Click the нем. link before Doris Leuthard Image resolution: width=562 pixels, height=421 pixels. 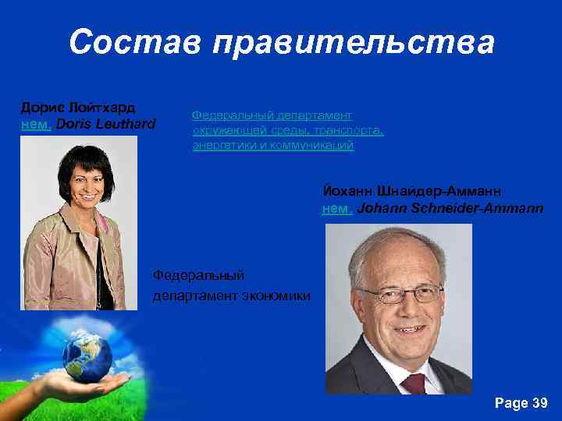click(36, 123)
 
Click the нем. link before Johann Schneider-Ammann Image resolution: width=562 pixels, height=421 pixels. click(338, 208)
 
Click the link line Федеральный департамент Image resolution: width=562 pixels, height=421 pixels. click(272, 115)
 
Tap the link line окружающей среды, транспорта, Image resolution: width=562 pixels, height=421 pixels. click(288, 129)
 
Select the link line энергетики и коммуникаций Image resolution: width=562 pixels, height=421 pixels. click(273, 145)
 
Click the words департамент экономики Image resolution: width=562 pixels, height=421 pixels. click(232, 295)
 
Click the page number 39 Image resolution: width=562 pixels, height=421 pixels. click(539, 403)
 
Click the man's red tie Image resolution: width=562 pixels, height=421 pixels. click(413, 383)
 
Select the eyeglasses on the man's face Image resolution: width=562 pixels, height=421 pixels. click(400, 294)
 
